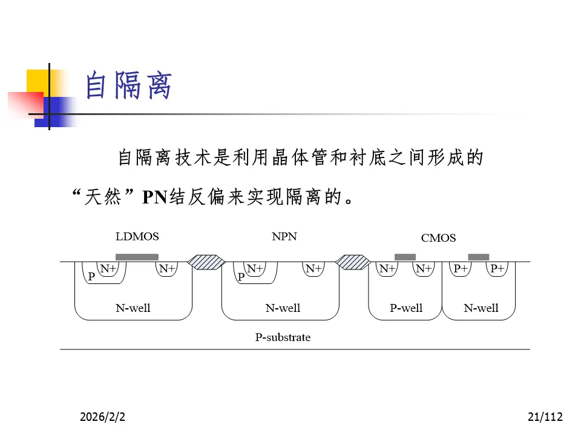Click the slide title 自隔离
(128, 86)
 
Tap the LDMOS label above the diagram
(137, 236)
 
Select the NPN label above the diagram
(284, 236)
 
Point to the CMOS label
(438, 238)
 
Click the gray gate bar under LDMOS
(137, 257)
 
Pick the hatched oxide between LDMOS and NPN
(206, 262)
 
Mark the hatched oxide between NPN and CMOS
(353, 262)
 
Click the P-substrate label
(283, 337)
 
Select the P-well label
(405, 308)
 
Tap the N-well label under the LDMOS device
(133, 308)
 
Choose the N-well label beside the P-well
(481, 308)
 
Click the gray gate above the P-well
(405, 257)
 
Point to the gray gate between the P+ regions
(479, 257)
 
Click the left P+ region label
(461, 268)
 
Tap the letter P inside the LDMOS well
(91, 276)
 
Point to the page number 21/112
(545, 417)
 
